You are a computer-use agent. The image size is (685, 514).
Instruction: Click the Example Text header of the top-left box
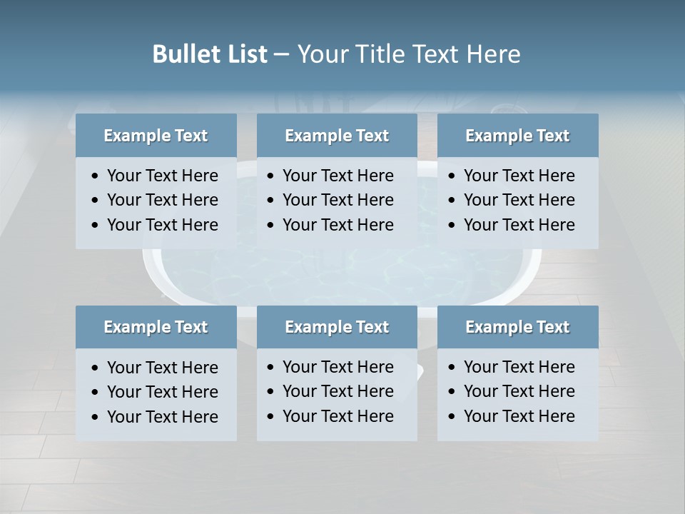tap(156, 136)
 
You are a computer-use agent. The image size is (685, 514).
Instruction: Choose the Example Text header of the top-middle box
tap(337, 136)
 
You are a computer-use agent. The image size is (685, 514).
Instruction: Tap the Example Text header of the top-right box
tap(517, 136)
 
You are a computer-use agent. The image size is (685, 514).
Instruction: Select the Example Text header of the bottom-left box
tap(156, 327)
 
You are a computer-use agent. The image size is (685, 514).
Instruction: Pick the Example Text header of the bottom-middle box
tap(337, 327)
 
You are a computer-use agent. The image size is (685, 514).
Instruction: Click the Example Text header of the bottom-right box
tap(517, 327)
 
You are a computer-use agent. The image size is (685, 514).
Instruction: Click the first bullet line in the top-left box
tap(162, 176)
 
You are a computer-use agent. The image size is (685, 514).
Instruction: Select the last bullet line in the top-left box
tap(162, 225)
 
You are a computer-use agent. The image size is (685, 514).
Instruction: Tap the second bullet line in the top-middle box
tap(338, 200)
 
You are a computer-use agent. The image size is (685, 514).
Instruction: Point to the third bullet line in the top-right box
tap(519, 225)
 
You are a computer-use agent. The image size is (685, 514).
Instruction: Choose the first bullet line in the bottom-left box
tap(162, 368)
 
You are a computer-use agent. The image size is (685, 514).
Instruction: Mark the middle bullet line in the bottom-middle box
tap(338, 391)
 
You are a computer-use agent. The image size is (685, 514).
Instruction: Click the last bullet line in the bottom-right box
tap(519, 416)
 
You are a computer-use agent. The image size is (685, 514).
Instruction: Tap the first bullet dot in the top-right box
tap(452, 176)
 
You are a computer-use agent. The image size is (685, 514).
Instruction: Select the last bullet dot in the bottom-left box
tap(96, 418)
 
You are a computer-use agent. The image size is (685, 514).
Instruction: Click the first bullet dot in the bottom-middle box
tap(270, 368)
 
